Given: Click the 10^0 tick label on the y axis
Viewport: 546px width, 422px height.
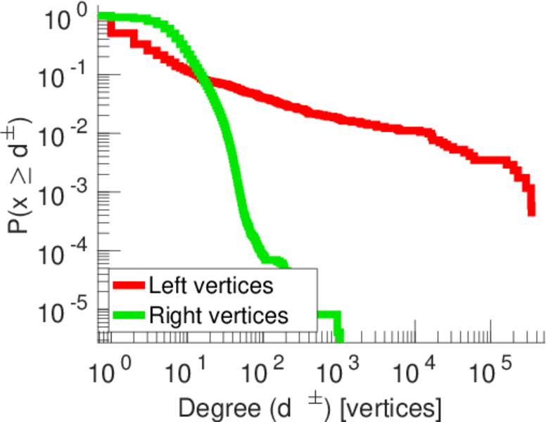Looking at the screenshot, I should (x=67, y=18).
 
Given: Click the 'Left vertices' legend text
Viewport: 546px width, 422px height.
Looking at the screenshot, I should (x=211, y=286).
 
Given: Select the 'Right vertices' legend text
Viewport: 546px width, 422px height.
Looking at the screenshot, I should (x=219, y=315).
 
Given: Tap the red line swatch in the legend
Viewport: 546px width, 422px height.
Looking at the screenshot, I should (x=129, y=286).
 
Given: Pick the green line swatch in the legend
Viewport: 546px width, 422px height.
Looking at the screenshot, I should (x=129, y=315).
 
